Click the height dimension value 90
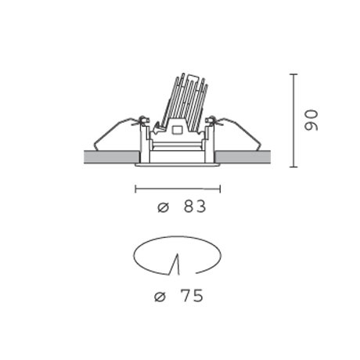[x=311, y=121]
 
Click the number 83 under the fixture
[x=195, y=207]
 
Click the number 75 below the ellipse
[x=192, y=296]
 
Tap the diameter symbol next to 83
[x=164, y=207]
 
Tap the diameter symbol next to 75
[x=160, y=297]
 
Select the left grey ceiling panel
[x=112, y=157]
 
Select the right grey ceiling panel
[x=243, y=157]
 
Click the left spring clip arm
[x=115, y=133]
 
